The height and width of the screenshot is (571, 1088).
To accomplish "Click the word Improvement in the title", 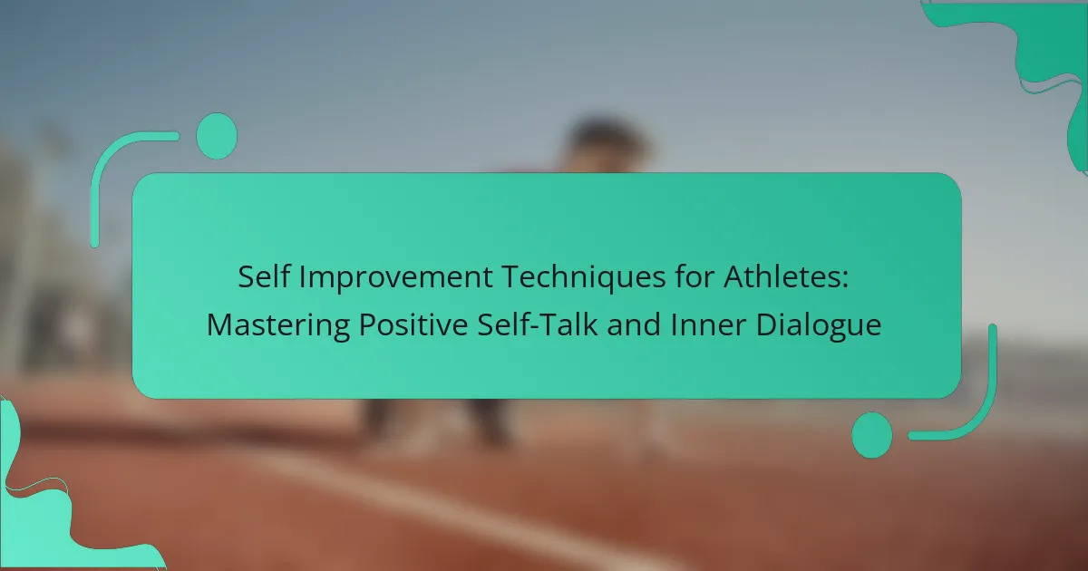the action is tap(395, 278).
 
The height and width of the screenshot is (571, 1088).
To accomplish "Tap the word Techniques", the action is tap(583, 278).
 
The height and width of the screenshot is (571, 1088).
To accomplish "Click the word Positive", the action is tap(413, 324).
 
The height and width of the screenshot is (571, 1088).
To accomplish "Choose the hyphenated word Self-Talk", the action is tap(537, 324).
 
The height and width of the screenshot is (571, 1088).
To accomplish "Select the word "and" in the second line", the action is tap(635, 324).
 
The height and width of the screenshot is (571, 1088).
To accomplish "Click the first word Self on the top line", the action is tap(264, 276).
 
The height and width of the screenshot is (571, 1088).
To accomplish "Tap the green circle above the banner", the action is tap(217, 136).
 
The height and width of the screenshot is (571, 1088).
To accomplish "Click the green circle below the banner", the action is tap(872, 435).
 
